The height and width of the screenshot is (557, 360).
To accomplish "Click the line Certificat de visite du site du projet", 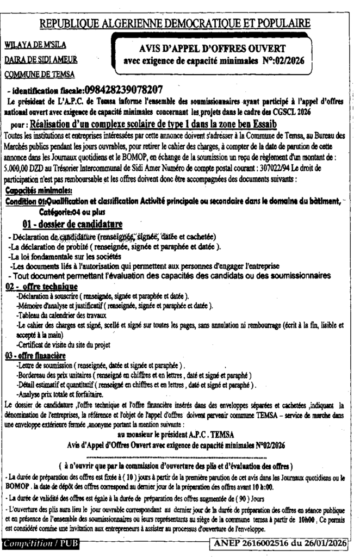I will [x=64, y=344].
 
